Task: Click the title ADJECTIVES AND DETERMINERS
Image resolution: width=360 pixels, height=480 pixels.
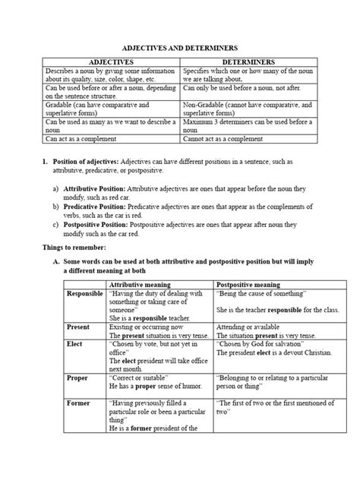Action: pos(179,46)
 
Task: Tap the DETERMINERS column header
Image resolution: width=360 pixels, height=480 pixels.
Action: pos(248,62)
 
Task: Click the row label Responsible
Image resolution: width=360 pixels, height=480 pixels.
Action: pos(85,293)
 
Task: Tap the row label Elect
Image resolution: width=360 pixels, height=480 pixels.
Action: pos(74,343)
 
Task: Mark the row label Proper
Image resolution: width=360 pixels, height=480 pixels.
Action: pos(77,377)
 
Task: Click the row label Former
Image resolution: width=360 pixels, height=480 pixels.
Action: pos(78,404)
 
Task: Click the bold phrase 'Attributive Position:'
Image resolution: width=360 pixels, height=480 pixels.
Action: pos(95,186)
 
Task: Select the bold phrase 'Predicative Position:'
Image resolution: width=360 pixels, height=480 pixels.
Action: pos(96,204)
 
